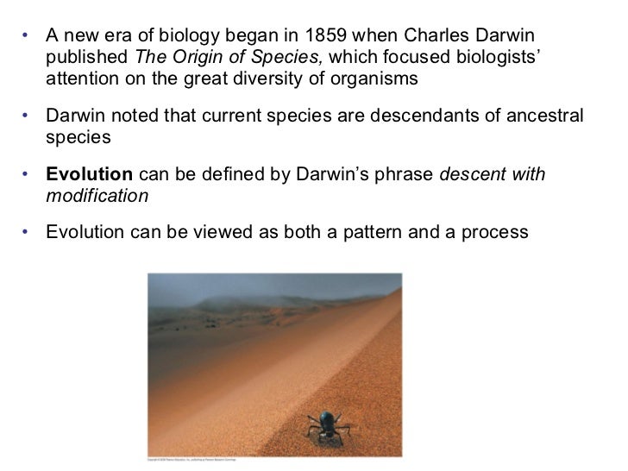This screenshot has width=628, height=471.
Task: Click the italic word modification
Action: click(x=97, y=196)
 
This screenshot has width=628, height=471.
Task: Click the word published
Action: click(x=84, y=58)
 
